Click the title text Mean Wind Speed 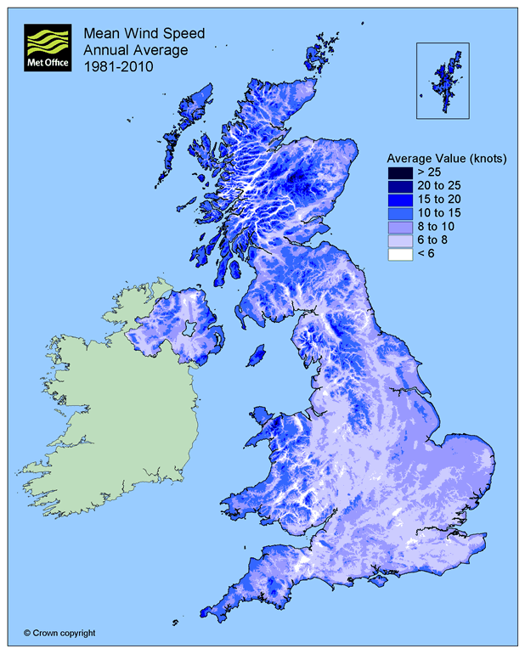132,35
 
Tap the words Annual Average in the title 124,51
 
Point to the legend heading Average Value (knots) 446,159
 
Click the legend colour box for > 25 402,173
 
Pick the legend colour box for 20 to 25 402,187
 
